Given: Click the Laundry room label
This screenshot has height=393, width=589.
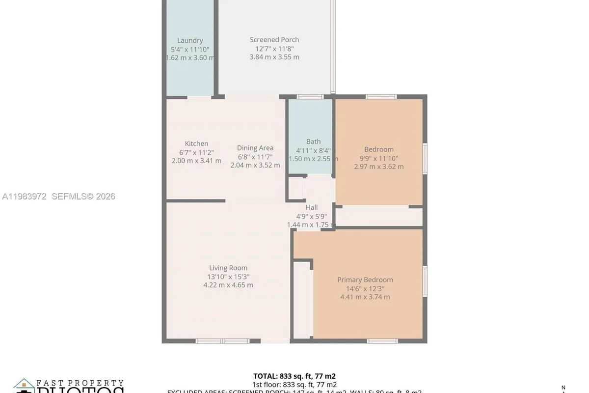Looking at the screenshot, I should pos(190,41).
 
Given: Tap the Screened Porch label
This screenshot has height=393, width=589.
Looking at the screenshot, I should pos(274,40).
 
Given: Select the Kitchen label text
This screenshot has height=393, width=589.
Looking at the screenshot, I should pos(196,144).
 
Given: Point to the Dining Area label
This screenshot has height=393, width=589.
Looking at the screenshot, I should pos(255,148).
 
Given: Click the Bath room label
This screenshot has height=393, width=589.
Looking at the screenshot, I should pos(313,142).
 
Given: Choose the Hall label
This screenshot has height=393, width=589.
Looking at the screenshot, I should pos(312,208).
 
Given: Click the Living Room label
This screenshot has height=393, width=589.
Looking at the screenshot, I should pos(228,268).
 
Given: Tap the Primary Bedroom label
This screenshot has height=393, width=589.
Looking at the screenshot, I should pos(365,280).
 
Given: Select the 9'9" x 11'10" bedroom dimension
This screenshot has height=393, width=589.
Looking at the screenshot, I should pos(379,158).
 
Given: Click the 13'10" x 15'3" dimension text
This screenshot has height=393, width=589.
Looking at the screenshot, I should pos(228,277).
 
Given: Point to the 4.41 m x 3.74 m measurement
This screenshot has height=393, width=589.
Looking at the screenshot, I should pos(365,297).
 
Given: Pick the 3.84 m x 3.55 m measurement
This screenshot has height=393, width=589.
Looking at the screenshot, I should pos(274,57).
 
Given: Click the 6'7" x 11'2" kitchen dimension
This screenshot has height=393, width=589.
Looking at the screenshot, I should pos(196,152).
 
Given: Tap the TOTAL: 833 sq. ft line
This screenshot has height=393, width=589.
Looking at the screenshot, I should pos(294,376).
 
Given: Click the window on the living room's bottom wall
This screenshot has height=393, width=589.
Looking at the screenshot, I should pos(223,341).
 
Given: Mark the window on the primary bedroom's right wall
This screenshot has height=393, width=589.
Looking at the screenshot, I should pos(425,281).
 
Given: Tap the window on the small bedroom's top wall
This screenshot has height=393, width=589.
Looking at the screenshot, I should pos(381,97).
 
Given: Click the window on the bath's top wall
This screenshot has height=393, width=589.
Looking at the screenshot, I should pos(310,97).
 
